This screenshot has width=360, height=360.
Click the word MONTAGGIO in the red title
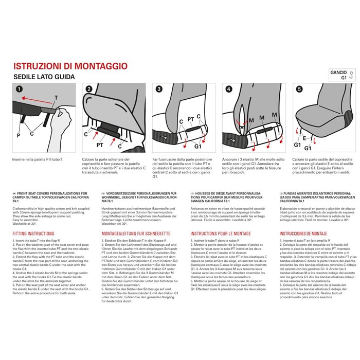[x=96, y=66]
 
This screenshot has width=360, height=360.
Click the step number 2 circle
[x=89, y=89]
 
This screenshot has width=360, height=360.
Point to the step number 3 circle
[x=159, y=89]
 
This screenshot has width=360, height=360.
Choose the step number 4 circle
[x=229, y=89]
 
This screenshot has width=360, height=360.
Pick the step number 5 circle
[x=299, y=89]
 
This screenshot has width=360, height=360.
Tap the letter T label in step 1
[x=56, y=97]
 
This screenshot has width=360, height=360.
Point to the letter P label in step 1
[x=19, y=135]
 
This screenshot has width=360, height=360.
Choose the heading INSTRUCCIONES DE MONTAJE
[x=304, y=233]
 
